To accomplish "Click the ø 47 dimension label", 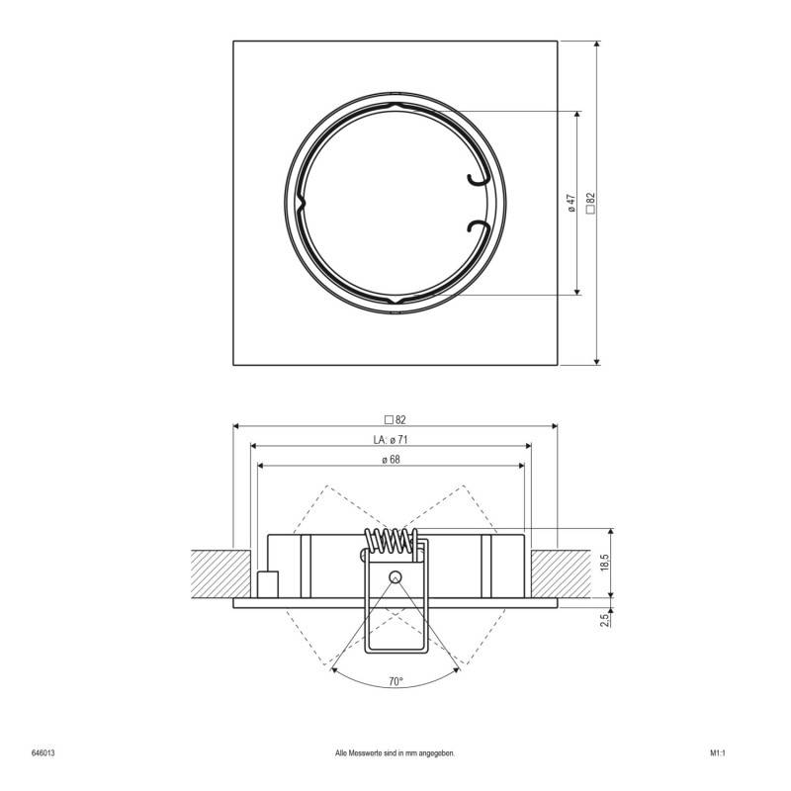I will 571,202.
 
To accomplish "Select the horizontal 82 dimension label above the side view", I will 395,418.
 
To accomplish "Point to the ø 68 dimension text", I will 391,459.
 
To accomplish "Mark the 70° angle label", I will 395,681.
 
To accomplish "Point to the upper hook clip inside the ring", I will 478,175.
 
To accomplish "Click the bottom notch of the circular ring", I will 395,300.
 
